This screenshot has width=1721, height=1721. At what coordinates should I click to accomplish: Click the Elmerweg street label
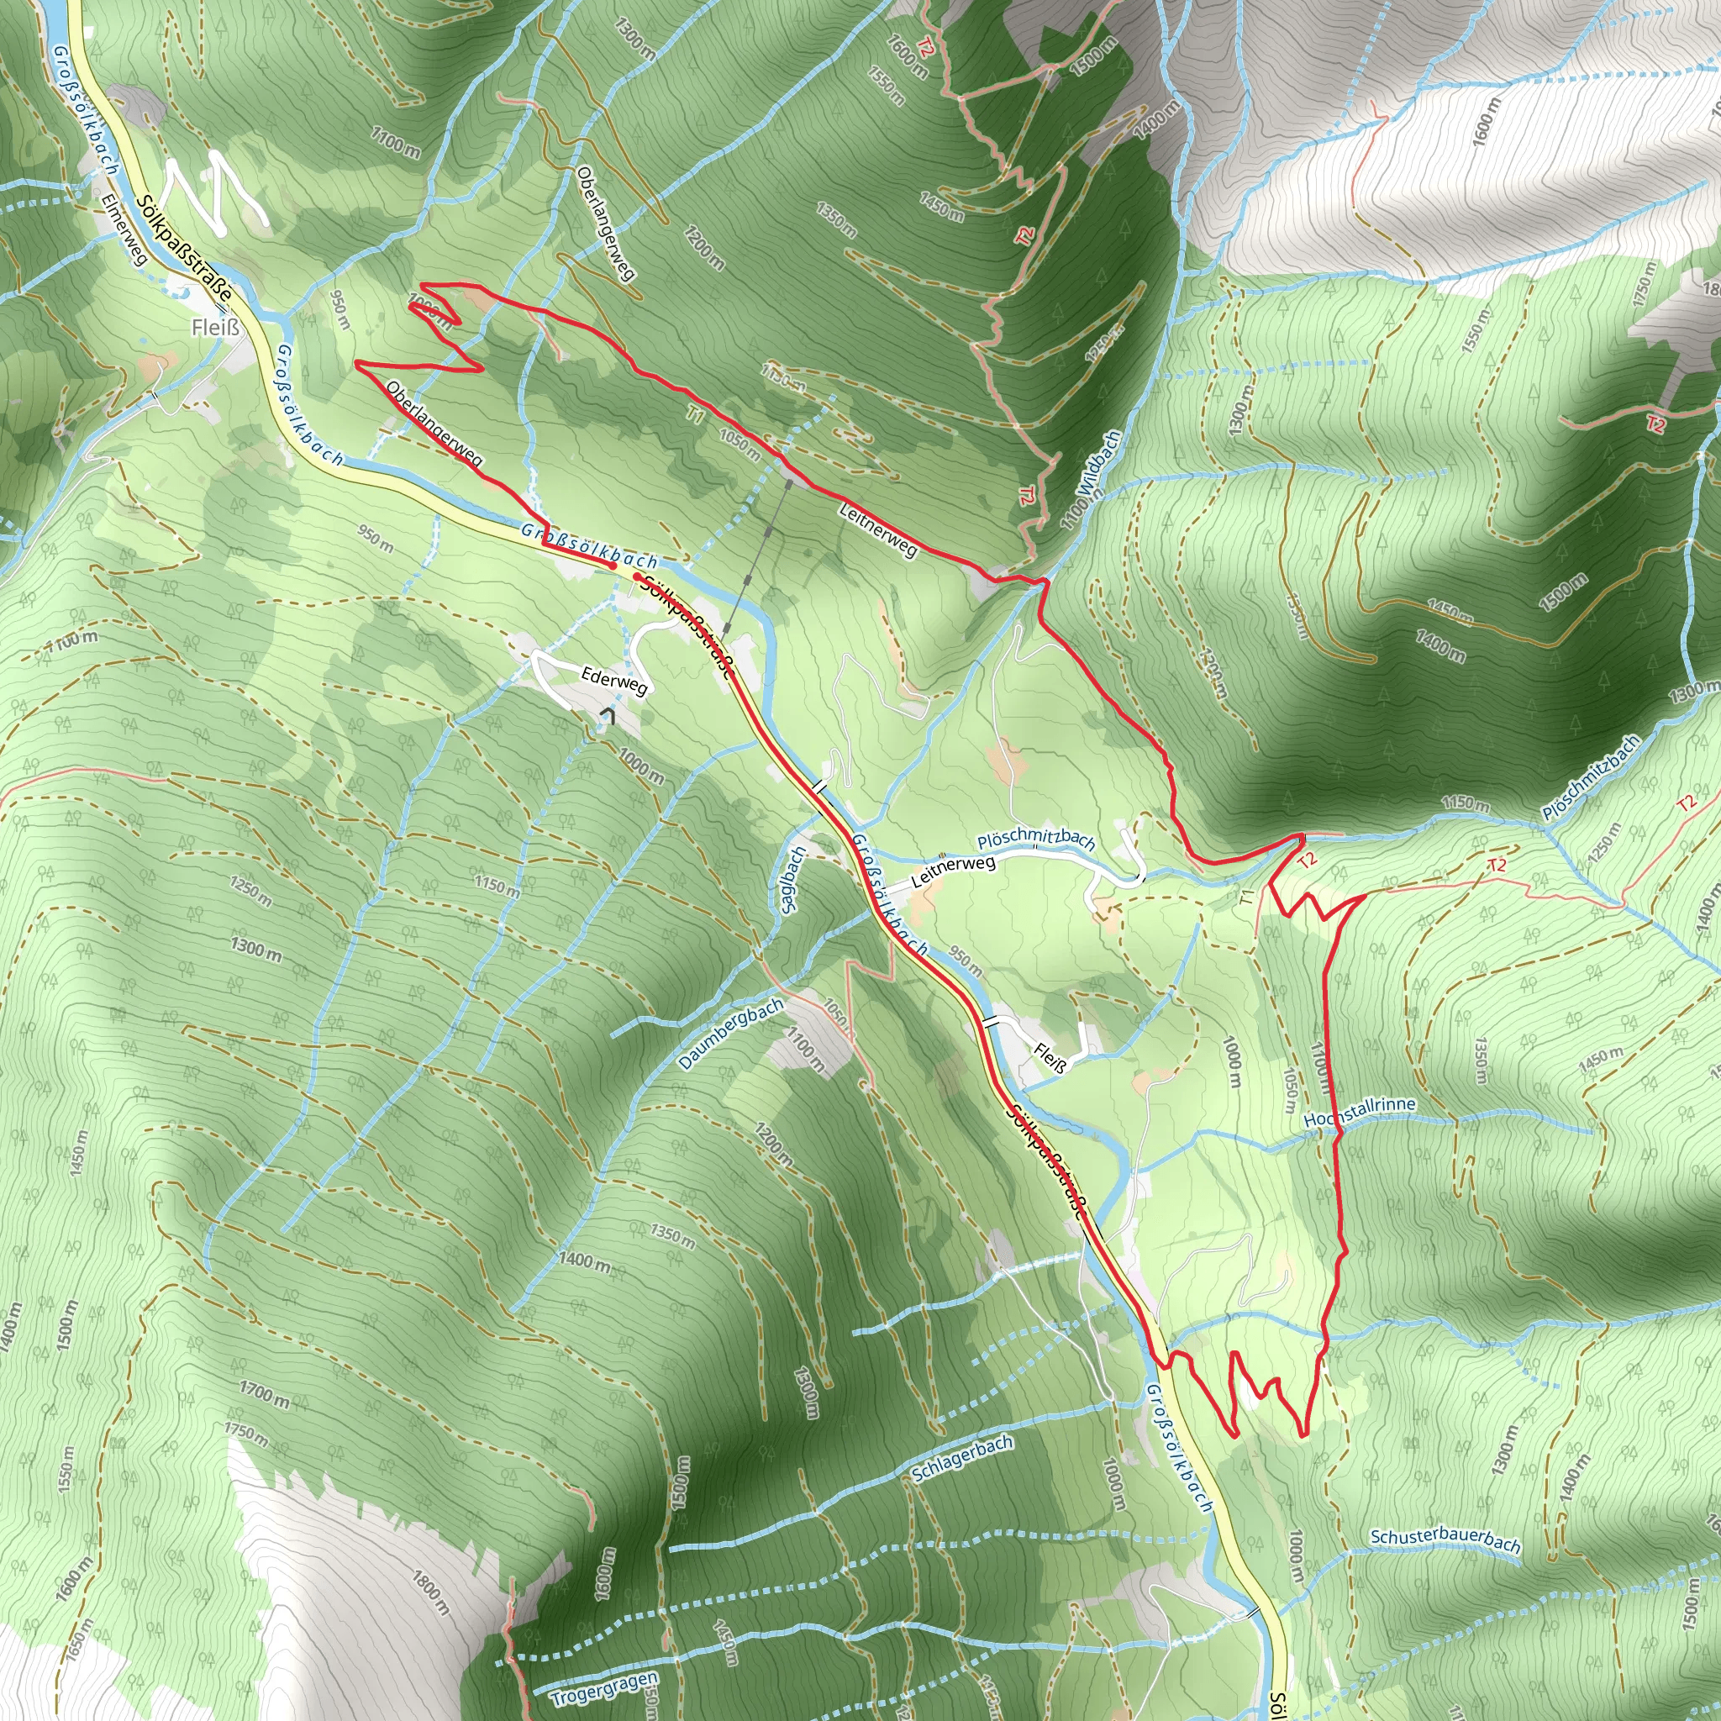click(124, 229)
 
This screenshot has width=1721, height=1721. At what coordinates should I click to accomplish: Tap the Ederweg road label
click(613, 679)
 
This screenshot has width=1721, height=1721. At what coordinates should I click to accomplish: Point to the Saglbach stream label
click(792, 880)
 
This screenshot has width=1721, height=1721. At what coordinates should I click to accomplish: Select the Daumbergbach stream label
click(730, 1034)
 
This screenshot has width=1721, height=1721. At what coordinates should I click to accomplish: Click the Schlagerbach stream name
click(962, 1459)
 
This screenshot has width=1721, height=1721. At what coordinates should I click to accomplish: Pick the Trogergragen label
click(604, 1689)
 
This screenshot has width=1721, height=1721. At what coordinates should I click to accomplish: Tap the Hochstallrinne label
click(1359, 1112)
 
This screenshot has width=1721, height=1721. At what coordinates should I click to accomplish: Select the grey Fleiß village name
click(216, 328)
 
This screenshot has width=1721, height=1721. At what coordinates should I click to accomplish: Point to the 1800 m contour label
click(431, 1592)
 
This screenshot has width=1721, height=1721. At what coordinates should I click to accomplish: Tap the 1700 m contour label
click(264, 1393)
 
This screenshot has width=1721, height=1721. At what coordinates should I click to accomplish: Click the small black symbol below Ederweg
click(608, 714)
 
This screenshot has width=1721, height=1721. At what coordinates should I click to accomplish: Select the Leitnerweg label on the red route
click(877, 529)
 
